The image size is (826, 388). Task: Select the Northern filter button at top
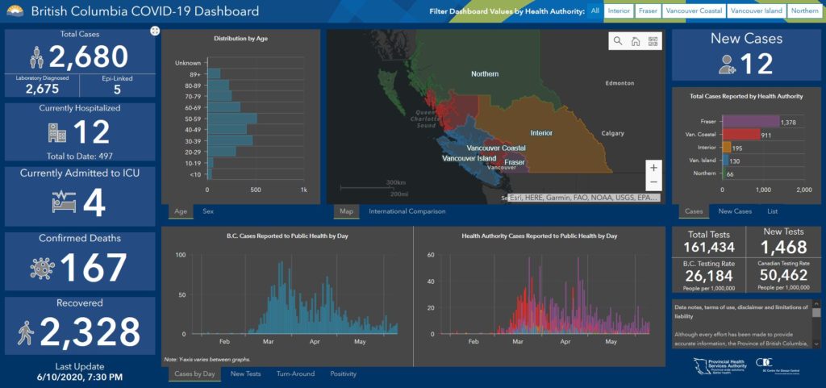point(804,11)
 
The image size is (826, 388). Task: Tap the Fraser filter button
point(647,11)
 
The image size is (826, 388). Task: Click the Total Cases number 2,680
point(89,56)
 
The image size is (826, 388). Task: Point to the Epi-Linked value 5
point(118,90)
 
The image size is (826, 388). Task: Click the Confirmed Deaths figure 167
point(94,268)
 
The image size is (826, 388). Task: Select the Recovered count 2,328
point(90,332)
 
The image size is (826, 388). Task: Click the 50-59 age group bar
point(232,119)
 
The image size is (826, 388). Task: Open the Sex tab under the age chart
point(208,211)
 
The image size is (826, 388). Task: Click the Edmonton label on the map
point(621,83)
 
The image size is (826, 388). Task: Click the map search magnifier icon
point(618,41)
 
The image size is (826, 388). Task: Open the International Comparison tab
point(407,211)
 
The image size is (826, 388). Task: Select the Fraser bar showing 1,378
point(750,121)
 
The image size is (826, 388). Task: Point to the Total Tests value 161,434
point(710,248)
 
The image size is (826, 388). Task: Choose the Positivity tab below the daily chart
point(343,373)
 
